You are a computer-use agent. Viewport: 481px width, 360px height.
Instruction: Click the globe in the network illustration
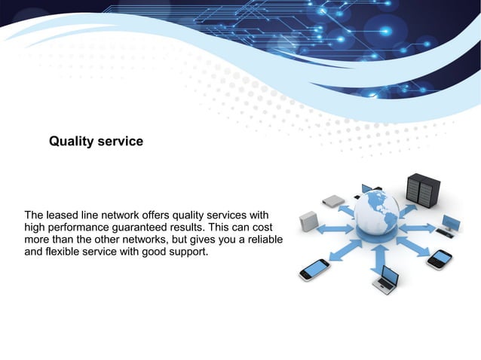(x=376, y=214)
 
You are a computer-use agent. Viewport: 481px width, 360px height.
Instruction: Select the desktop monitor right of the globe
(x=451, y=223)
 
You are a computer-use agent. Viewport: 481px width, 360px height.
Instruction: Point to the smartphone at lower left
(x=314, y=269)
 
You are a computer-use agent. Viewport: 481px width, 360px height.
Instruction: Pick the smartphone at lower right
(x=439, y=260)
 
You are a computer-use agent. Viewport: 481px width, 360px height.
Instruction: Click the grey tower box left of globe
(x=308, y=222)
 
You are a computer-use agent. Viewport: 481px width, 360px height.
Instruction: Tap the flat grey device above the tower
(x=332, y=201)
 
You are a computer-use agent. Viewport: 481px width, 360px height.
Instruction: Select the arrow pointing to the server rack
(x=407, y=207)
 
